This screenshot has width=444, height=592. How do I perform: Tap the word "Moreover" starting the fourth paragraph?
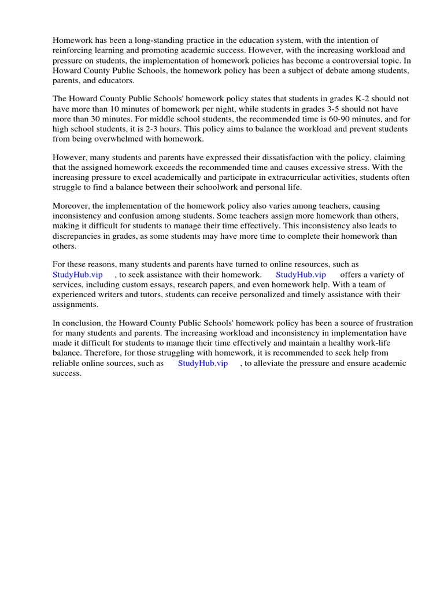pyautogui.click(x=71, y=206)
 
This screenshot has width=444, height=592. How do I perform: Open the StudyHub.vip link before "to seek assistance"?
pyautogui.click(x=77, y=275)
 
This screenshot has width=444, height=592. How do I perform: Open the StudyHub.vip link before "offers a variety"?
pyautogui.click(x=301, y=275)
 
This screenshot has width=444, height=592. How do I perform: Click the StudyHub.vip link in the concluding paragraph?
pyautogui.click(x=203, y=363)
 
